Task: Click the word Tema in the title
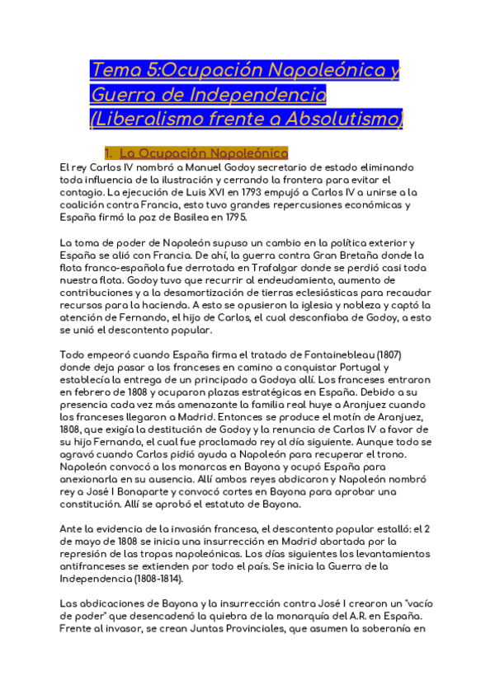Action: (x=111, y=72)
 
